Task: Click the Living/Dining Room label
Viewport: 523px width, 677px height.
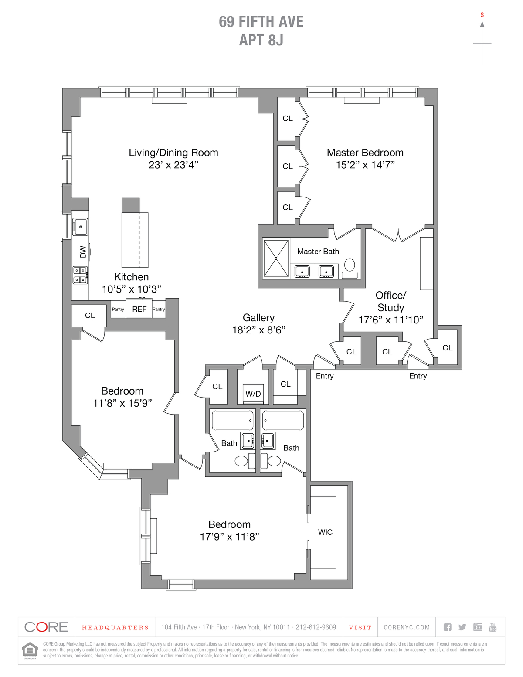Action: tap(173, 153)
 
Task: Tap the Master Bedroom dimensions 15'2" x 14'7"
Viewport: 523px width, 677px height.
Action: tap(365, 165)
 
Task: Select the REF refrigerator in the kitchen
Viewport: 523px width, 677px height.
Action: tap(139, 309)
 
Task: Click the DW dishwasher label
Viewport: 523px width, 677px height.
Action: tap(83, 252)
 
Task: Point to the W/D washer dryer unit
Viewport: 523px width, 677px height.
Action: tap(253, 394)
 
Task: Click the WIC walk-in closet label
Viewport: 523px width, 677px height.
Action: tap(325, 532)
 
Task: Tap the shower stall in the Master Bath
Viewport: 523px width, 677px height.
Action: tap(276, 258)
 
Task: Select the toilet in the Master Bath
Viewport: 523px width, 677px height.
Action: tap(350, 268)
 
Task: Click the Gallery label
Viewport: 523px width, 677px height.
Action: tap(258, 318)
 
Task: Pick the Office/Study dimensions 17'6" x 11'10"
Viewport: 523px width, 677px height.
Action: tap(391, 320)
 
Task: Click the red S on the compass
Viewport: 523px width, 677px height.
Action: tap(482, 15)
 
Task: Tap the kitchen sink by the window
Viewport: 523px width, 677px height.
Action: tap(81, 227)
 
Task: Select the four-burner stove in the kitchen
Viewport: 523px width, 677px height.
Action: tap(80, 275)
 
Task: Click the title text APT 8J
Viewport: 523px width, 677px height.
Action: tap(261, 40)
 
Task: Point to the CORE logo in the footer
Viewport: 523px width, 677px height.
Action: tap(47, 627)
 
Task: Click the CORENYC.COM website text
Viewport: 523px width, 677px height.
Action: tap(407, 627)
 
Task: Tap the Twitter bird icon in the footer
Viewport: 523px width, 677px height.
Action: tap(462, 627)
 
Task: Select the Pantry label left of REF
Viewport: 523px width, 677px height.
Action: tap(118, 309)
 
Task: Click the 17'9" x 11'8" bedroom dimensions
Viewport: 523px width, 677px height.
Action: tap(229, 537)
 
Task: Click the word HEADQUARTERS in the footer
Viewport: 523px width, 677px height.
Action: tap(115, 628)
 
